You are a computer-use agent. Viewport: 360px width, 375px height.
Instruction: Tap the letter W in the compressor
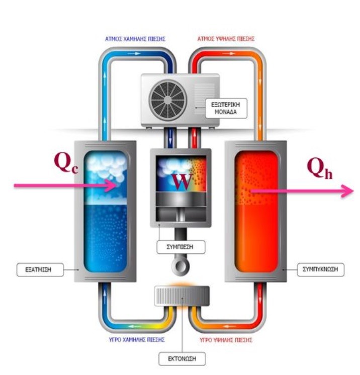pyautogui.click(x=184, y=181)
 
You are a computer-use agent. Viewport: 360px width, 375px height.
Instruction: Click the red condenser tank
pyautogui.click(x=254, y=211)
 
